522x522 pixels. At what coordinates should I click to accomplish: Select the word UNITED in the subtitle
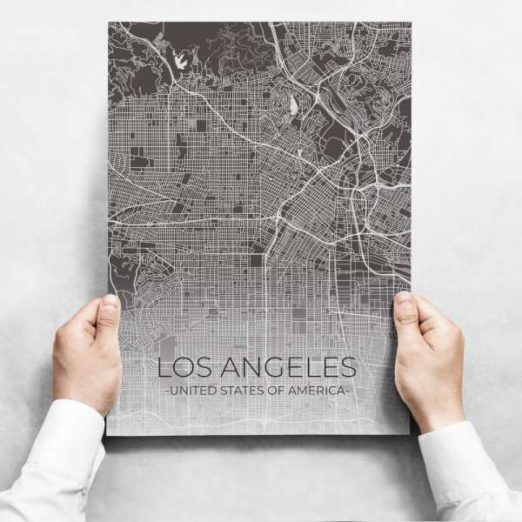coord(190,391)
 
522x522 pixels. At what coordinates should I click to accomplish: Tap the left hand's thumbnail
coord(110,307)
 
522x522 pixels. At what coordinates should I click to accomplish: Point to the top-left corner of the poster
coord(109,23)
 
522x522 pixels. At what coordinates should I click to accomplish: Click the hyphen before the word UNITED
coord(166,391)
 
